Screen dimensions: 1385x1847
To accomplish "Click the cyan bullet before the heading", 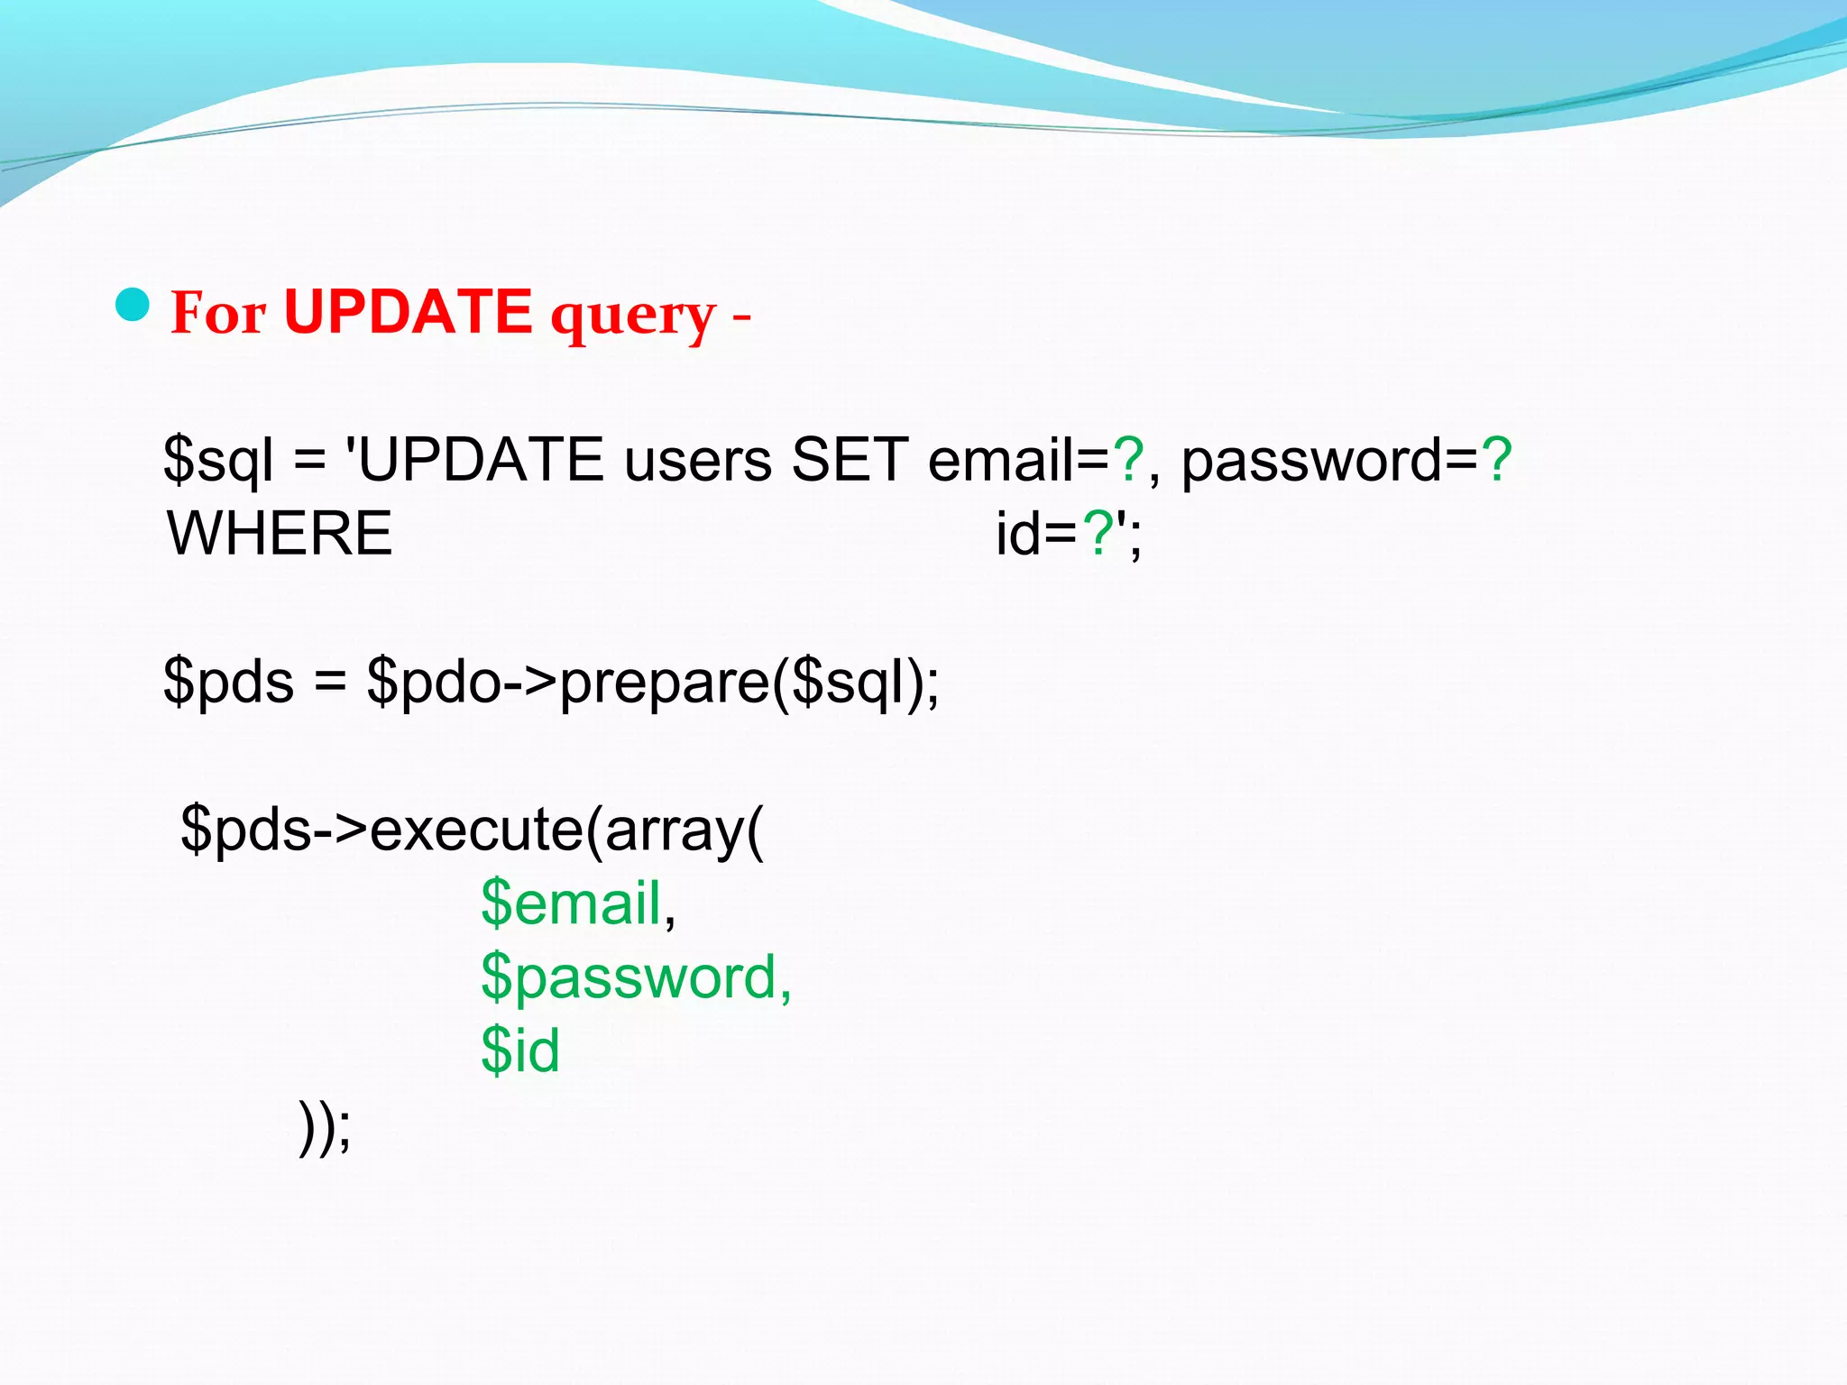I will click(x=133, y=306).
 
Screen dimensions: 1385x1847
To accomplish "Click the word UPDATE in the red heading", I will click(x=408, y=312).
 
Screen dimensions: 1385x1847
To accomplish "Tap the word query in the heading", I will click(x=633, y=316).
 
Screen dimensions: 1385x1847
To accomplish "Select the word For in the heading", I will click(x=218, y=314).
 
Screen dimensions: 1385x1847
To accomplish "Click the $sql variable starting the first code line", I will click(x=217, y=461).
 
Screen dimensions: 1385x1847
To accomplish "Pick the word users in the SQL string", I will click(x=698, y=461).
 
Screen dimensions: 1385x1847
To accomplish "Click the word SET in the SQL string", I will click(x=850, y=461).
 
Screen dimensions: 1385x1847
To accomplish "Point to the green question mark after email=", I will click(x=1128, y=460).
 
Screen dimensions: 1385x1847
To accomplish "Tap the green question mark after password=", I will click(x=1496, y=460).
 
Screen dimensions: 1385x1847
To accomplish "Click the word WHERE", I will click(x=280, y=534).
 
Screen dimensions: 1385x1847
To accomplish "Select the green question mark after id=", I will click(x=1098, y=534).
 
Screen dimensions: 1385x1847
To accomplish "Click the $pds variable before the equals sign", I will click(x=228, y=682).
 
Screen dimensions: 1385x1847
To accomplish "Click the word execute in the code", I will click(x=477, y=830).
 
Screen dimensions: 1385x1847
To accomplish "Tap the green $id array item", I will click(x=520, y=1050).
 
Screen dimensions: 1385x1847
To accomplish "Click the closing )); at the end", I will click(x=325, y=1127).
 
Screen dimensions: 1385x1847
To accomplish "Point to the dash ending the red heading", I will click(x=741, y=317).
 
